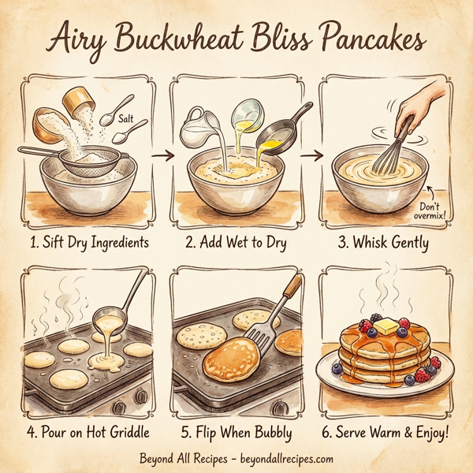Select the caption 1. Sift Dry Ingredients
pyautogui.click(x=89, y=243)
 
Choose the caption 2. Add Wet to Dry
pyautogui.click(x=237, y=243)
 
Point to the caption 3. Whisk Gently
pyautogui.click(x=384, y=243)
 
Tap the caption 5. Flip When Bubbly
pyautogui.click(x=237, y=432)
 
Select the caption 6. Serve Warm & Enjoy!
pyautogui.click(x=384, y=432)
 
